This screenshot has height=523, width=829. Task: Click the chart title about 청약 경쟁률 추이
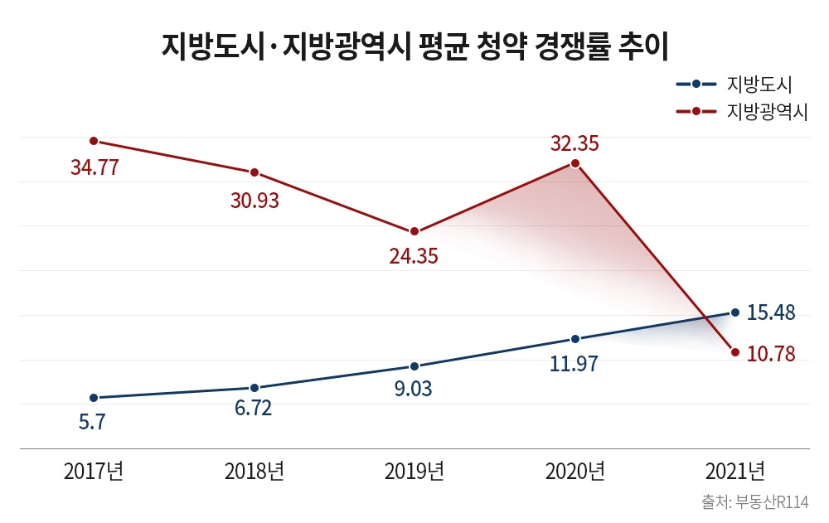click(414, 46)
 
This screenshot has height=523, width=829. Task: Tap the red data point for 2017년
click(94, 141)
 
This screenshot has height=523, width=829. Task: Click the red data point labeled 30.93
click(255, 172)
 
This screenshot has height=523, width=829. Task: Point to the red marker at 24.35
click(414, 231)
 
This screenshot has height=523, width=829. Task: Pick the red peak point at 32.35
click(574, 164)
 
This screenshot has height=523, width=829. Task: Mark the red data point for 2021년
click(735, 352)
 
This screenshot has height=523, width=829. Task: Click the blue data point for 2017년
click(94, 398)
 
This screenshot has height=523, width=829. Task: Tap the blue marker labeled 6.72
click(255, 388)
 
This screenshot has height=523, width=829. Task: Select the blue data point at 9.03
click(414, 366)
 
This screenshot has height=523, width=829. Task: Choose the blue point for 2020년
click(574, 339)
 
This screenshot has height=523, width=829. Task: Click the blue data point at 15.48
click(735, 312)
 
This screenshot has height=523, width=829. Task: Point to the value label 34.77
click(95, 168)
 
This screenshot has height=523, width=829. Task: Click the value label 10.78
click(771, 354)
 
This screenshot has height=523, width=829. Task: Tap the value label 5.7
click(92, 422)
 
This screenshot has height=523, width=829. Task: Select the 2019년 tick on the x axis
click(414, 472)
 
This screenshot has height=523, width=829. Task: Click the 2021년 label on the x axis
click(735, 472)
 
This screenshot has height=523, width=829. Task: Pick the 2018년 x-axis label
click(255, 472)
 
